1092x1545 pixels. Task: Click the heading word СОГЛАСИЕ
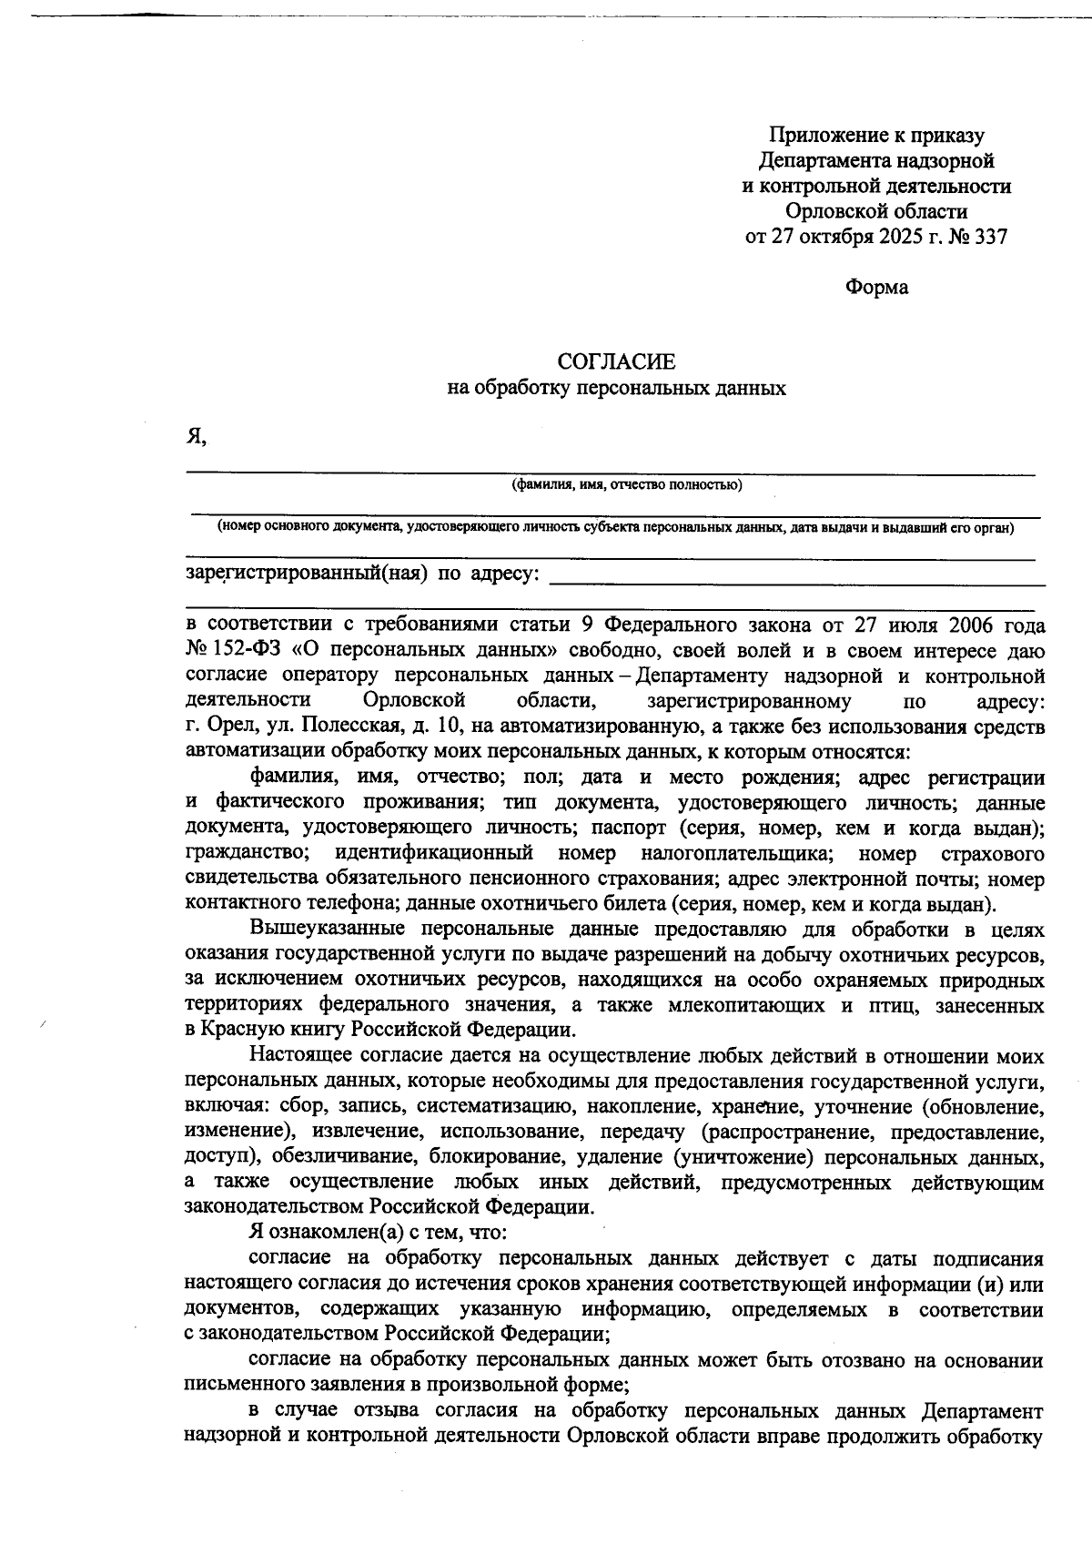click(616, 362)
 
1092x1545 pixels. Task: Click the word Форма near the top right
click(876, 288)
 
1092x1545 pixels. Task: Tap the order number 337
click(990, 238)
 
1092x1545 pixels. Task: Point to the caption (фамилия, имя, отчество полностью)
click(626, 484)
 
